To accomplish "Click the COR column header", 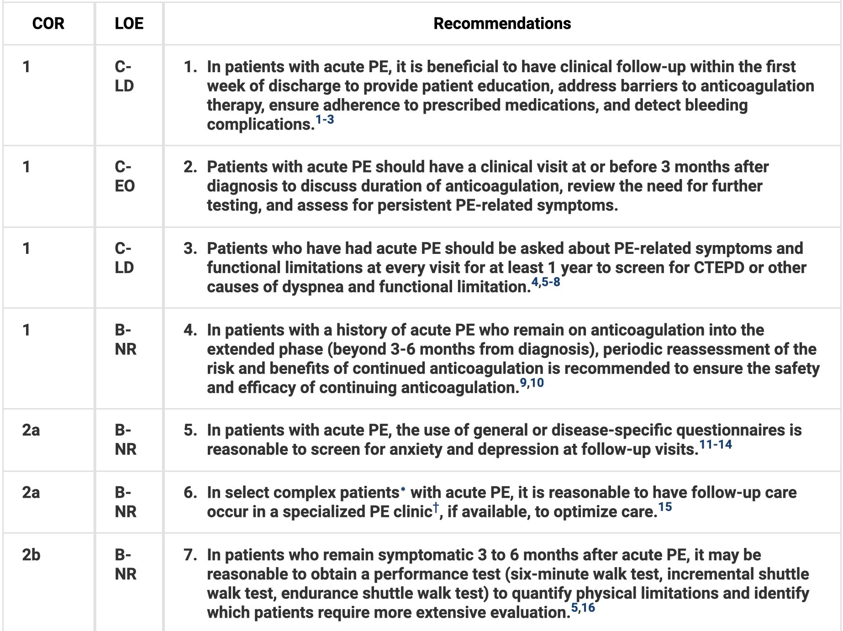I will tap(48, 23).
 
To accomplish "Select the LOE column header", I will tap(129, 23).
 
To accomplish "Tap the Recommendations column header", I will tap(502, 23).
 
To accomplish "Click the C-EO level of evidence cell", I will tap(125, 176).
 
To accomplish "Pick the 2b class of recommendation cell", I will tap(31, 555).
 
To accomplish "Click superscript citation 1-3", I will tap(325, 120).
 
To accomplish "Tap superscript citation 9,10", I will tap(532, 383).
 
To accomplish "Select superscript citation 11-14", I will tap(716, 444).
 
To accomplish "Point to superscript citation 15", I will tap(665, 507).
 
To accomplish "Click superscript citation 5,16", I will tap(583, 608).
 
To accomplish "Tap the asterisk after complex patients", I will tap(403, 490).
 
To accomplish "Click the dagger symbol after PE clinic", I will tap(436, 507).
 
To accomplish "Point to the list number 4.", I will tap(190, 330).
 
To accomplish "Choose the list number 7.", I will tap(190, 555).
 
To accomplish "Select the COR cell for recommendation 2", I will tap(26, 167).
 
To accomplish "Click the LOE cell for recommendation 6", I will tap(126, 502).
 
